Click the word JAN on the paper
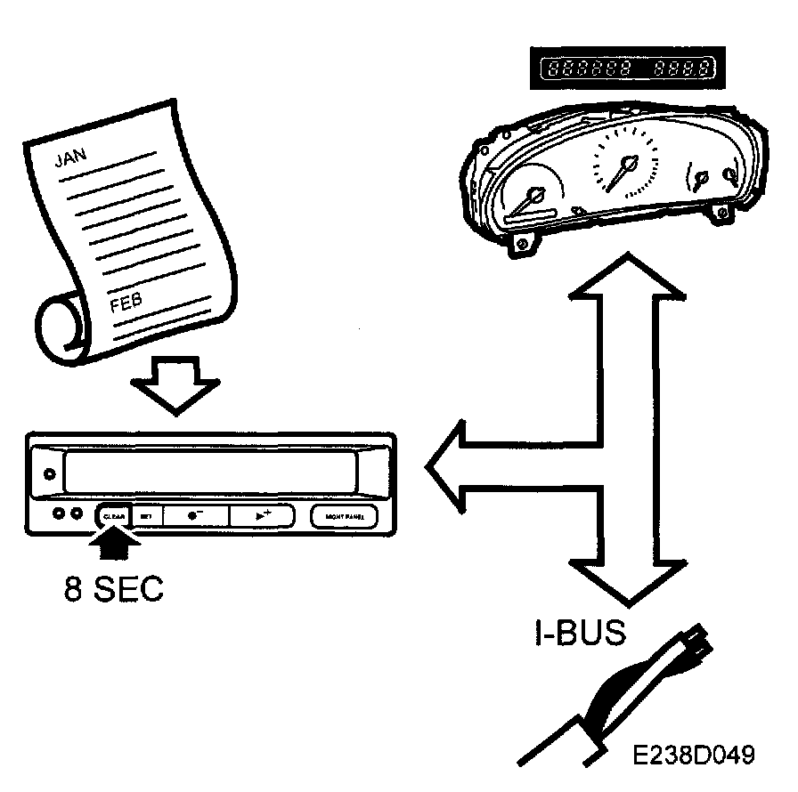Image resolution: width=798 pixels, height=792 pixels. [70, 158]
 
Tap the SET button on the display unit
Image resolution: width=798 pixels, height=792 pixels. [146, 515]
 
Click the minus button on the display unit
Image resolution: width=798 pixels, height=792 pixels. [194, 515]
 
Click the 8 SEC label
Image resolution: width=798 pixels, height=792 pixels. [114, 590]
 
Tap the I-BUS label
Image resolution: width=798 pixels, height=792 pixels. [575, 633]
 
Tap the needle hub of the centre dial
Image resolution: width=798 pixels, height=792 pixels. [630, 164]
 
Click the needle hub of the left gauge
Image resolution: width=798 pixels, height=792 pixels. [537, 194]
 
